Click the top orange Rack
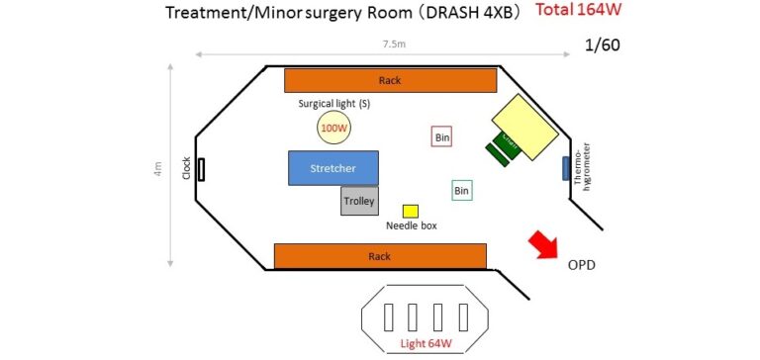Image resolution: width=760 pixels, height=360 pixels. pyautogui.click(x=390, y=80)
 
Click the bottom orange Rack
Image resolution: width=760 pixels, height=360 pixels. pyautogui.click(x=380, y=256)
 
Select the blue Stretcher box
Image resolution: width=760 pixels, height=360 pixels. pyautogui.click(x=333, y=168)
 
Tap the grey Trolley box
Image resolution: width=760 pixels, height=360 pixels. pyautogui.click(x=359, y=201)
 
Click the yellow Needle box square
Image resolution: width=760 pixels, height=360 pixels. pyautogui.click(x=410, y=211)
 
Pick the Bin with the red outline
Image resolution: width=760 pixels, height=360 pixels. pyautogui.click(x=442, y=137)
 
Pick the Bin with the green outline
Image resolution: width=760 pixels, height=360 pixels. pyautogui.click(x=461, y=190)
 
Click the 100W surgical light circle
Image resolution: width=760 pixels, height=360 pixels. pyautogui.click(x=333, y=128)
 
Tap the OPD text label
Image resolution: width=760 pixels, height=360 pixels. pyautogui.click(x=581, y=267)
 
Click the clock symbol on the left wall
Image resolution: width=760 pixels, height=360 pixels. pyautogui.click(x=201, y=169)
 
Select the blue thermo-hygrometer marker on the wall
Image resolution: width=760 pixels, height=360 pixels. pyautogui.click(x=566, y=169)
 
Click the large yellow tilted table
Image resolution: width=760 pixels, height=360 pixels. pyautogui.click(x=526, y=127)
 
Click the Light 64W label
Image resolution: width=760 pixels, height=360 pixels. pyautogui.click(x=427, y=344)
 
